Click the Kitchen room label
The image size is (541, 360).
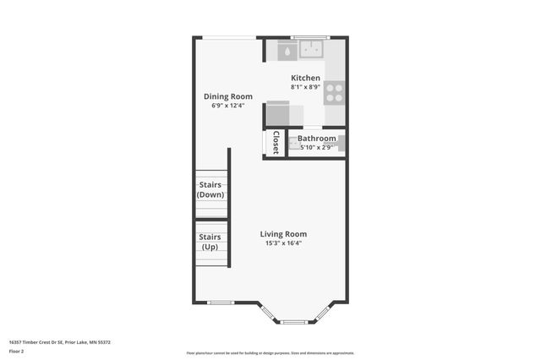pos(305,78)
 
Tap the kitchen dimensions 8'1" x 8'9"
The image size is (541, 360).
pos(305,86)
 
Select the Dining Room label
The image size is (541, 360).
pos(227,96)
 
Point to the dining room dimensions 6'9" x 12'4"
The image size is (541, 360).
pos(227,106)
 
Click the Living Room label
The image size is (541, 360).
pos(283,234)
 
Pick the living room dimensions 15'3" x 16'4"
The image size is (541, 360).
pos(283,243)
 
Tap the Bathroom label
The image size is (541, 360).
pos(317,139)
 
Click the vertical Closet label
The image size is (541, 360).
pos(276,142)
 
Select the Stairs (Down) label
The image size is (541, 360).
pos(210,189)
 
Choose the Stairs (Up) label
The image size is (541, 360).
pos(210,242)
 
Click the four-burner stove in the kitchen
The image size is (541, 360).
pos(335,92)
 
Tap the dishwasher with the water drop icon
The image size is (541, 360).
pos(287,51)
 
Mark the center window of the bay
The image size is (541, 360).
pos(296,322)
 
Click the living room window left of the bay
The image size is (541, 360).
pos(221,303)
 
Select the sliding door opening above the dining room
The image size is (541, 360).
pos(232,37)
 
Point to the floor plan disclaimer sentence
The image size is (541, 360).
pos(270,353)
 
